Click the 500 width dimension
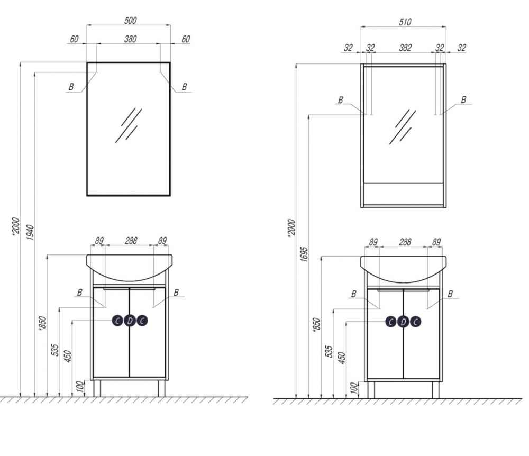(x=130, y=20)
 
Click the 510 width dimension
(x=405, y=22)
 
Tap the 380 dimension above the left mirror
(x=130, y=39)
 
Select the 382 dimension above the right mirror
(x=405, y=48)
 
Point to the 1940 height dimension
(x=30, y=232)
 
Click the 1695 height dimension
(x=304, y=254)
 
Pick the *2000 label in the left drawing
(x=16, y=226)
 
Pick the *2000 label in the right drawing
(x=291, y=227)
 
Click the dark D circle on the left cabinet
(x=130, y=321)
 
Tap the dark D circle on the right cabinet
(x=403, y=322)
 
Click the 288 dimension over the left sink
(x=131, y=241)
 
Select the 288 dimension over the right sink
(x=405, y=242)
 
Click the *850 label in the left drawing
(x=42, y=324)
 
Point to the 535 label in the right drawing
(x=329, y=351)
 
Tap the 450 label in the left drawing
(x=68, y=356)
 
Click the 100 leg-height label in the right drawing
(x=353, y=388)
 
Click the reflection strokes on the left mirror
(x=129, y=125)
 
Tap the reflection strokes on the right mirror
(x=403, y=127)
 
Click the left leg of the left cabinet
(x=97, y=388)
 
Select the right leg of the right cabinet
(x=435, y=390)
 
